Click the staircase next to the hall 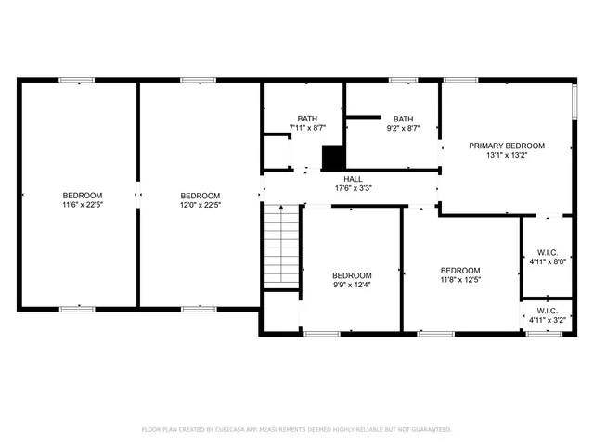(x=282, y=248)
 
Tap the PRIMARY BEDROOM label (x=506, y=146)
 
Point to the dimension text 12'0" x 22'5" (x=200, y=205)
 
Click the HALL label (x=353, y=179)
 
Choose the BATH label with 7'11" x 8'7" (x=307, y=119)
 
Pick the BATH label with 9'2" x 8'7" (x=403, y=119)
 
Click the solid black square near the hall (x=332, y=158)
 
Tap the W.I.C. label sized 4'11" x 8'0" (x=547, y=252)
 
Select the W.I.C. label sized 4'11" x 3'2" (x=547, y=311)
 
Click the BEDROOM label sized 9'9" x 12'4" (x=352, y=275)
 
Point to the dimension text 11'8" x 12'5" (x=460, y=279)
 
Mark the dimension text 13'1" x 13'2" (x=506, y=156)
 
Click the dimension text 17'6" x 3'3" (x=353, y=188)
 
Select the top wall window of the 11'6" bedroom (x=77, y=81)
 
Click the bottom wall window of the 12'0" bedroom (x=200, y=308)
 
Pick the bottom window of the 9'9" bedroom (x=322, y=333)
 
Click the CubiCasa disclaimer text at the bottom (x=296, y=429)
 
